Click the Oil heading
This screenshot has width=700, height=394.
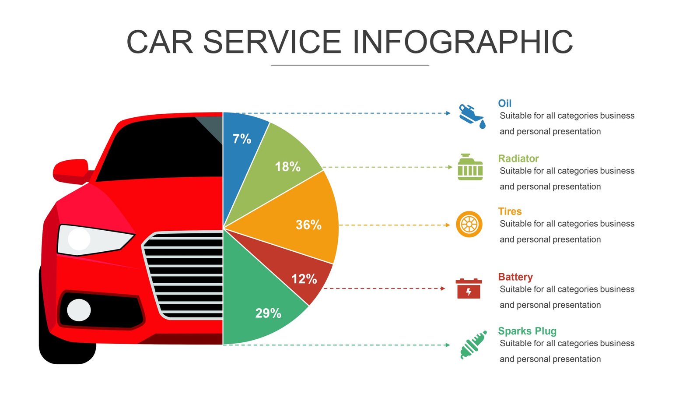(504, 103)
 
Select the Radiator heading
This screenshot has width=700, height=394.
(518, 158)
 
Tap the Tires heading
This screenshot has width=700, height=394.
(510, 211)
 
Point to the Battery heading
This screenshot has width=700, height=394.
(515, 277)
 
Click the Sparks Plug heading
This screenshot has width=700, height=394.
(527, 331)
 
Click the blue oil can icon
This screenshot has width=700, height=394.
(471, 116)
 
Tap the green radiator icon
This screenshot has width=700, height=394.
(470, 168)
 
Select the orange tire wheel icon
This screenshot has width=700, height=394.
(469, 225)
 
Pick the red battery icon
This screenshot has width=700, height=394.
(469, 289)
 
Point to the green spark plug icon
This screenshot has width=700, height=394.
(473, 345)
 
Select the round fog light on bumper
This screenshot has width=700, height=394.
(79, 310)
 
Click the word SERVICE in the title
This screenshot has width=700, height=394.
(272, 42)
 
